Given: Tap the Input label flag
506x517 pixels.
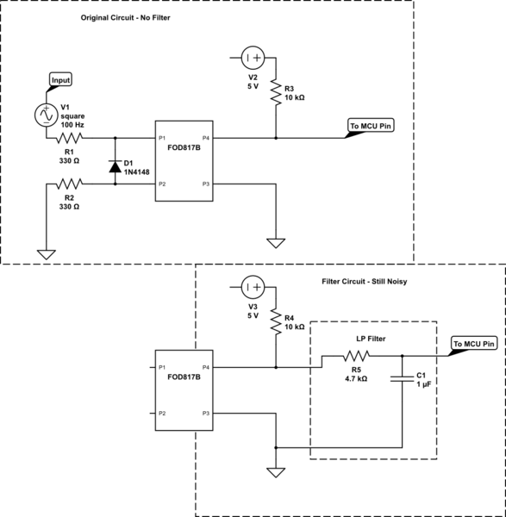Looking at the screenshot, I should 59,80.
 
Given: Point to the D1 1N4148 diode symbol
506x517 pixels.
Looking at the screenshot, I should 115,165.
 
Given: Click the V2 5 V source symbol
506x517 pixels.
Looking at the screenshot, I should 253,58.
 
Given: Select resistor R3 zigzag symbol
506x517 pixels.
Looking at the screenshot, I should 276,90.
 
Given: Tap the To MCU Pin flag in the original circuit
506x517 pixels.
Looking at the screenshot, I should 371,125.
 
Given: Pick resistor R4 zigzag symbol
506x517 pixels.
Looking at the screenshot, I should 276,320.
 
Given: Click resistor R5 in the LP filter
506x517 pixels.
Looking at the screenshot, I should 355,356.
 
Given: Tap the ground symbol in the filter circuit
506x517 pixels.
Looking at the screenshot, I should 276,472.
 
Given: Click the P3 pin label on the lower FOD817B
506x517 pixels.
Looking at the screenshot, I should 204,414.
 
